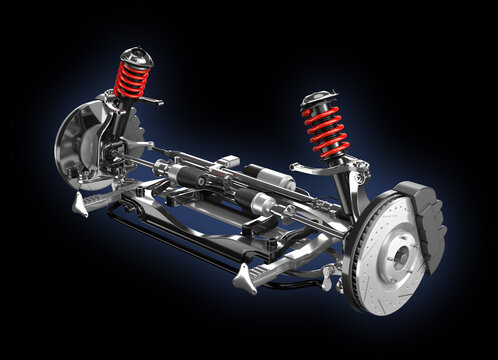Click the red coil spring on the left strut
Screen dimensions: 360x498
click(x=131, y=79)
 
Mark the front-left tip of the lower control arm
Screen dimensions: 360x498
click(x=80, y=205)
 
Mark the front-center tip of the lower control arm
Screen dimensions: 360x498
click(x=243, y=283)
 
